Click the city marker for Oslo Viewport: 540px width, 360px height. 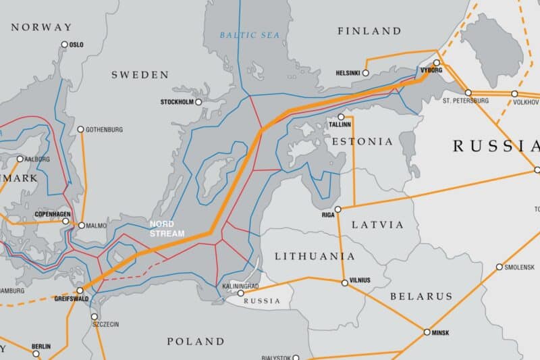pyautogui.click(x=65, y=45)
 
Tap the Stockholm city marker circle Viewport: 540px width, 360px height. pyautogui.click(x=198, y=102)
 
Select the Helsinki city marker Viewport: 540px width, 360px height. pyautogui.click(x=366, y=73)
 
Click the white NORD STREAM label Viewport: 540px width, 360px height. pyautogui.click(x=166, y=228)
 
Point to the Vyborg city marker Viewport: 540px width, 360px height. pyautogui.click(x=437, y=63)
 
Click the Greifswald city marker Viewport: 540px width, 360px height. pyautogui.click(x=80, y=290)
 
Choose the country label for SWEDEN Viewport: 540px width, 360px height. pyautogui.click(x=140, y=74)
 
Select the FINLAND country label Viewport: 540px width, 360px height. pyautogui.click(x=369, y=31)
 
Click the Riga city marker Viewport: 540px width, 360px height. pyautogui.click(x=338, y=209)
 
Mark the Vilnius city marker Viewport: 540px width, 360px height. pyautogui.click(x=345, y=283)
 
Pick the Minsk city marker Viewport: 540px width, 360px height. pyautogui.click(x=427, y=332)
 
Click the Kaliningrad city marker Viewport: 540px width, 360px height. pyautogui.click(x=241, y=293)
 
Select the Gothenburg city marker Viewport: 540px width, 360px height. pyautogui.click(x=80, y=129)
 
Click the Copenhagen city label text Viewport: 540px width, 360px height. pyautogui.click(x=52, y=214)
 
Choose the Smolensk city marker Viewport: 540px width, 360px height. pyautogui.click(x=500, y=267)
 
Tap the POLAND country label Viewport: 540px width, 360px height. pyautogui.click(x=195, y=341)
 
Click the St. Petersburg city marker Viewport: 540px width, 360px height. pyautogui.click(x=468, y=93)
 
